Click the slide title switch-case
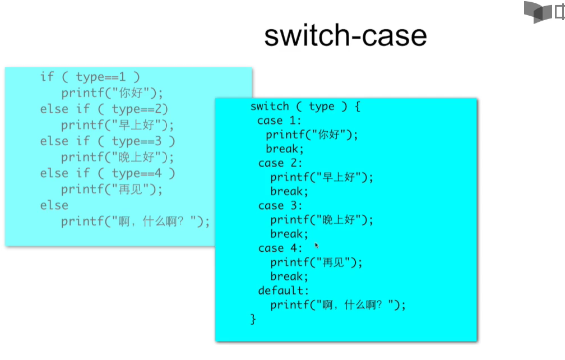(x=345, y=36)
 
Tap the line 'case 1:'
(x=279, y=121)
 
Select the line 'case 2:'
(x=280, y=163)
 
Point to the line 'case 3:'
(x=280, y=206)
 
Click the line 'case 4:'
(x=280, y=248)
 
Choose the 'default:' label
(x=283, y=290)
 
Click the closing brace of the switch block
(x=253, y=319)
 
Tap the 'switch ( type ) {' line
(x=305, y=107)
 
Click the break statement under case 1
(x=285, y=149)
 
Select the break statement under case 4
(x=289, y=276)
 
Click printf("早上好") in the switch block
(x=322, y=177)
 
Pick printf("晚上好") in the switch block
(x=322, y=220)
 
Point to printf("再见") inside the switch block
(x=317, y=262)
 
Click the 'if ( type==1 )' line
(x=90, y=77)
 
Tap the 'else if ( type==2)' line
(x=104, y=109)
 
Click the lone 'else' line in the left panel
(x=54, y=205)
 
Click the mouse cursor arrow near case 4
(x=317, y=245)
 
